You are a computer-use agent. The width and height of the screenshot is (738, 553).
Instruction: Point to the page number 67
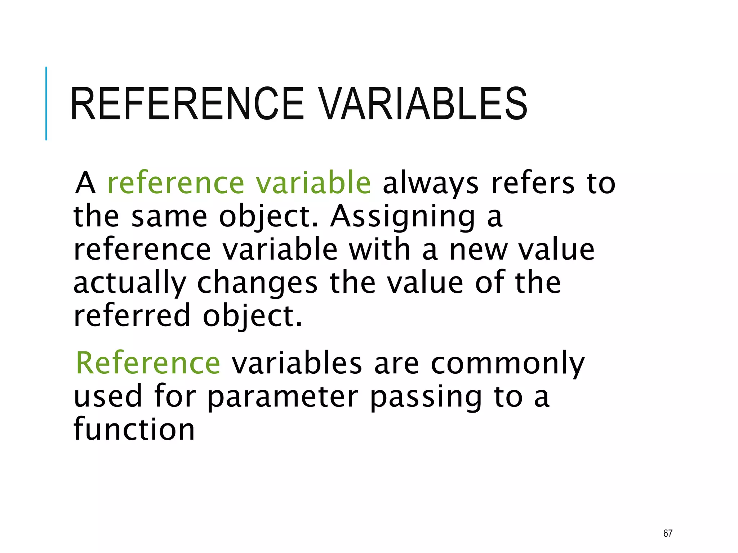[x=668, y=533]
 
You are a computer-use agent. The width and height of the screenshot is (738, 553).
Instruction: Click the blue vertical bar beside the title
[x=46, y=104]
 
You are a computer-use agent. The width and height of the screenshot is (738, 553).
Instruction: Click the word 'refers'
[x=533, y=183]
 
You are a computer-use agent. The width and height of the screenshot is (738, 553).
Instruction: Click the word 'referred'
[x=132, y=315]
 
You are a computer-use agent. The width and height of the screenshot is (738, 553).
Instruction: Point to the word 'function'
[x=134, y=429]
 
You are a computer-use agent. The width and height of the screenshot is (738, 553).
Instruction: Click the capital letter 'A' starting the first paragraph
[x=85, y=183]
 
